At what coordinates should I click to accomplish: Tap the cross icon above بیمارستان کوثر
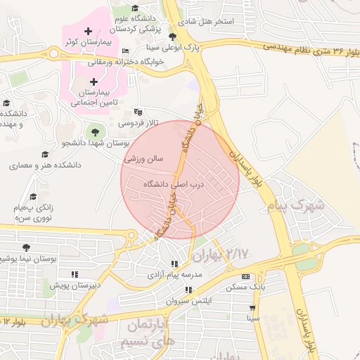87,32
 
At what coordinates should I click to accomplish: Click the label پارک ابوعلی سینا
173,49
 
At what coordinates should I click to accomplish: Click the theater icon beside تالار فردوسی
138,111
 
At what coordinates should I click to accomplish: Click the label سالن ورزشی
143,159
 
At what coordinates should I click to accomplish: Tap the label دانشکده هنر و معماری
45,165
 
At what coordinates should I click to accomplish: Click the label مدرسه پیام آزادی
173,276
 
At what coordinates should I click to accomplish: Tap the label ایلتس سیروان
188,301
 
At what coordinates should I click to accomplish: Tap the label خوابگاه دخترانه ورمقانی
126,63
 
